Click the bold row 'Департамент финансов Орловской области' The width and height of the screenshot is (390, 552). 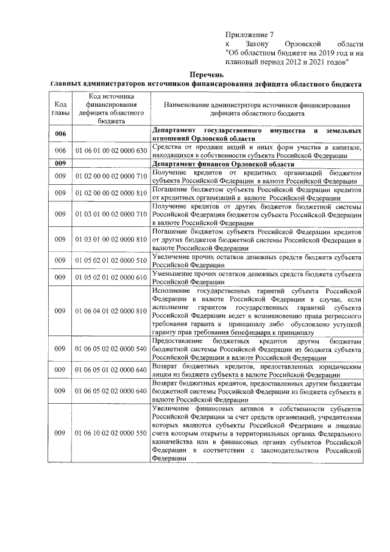pyautogui.click(x=224, y=164)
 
